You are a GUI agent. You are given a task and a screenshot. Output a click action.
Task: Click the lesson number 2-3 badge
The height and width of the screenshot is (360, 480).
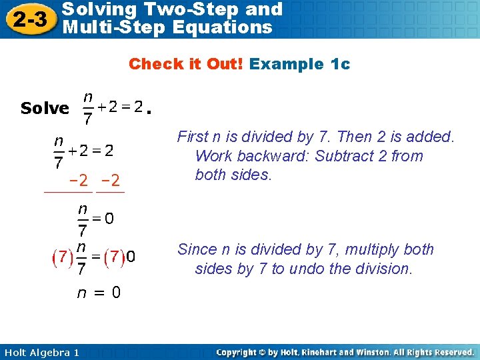coord(29,19)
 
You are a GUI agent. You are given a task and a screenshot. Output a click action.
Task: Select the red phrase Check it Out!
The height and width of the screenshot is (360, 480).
coord(186,64)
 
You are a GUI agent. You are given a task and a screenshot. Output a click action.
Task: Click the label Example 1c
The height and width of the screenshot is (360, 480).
coord(299,64)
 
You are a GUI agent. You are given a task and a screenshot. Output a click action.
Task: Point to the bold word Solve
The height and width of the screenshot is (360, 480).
coord(45,108)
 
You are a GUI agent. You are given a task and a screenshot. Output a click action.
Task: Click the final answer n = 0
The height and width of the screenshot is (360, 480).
coord(99,293)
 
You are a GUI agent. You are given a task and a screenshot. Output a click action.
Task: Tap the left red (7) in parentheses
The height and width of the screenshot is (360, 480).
coord(63,257)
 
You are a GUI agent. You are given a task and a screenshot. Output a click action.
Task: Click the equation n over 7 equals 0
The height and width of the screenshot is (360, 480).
coord(95,219)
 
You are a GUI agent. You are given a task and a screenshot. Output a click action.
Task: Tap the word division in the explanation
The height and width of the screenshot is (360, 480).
coord(383,269)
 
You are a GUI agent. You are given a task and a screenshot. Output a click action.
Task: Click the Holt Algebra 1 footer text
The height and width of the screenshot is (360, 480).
coord(41,352)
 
